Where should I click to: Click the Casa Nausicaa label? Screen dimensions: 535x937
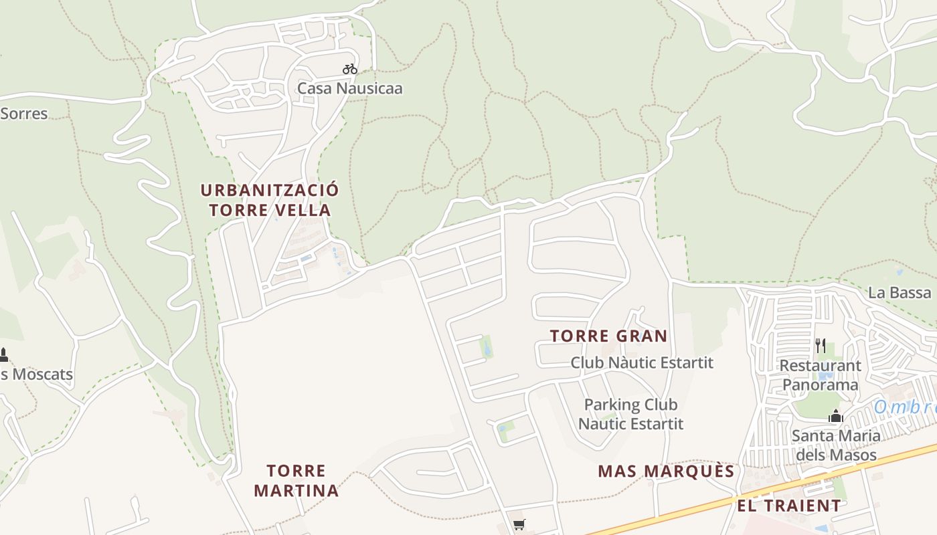pyautogui.click(x=349, y=88)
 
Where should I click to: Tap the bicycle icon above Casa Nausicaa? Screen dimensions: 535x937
pyautogui.click(x=349, y=69)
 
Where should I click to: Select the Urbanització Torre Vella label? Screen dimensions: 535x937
pyautogui.click(x=270, y=200)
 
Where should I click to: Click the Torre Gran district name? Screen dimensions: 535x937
pyautogui.click(x=608, y=336)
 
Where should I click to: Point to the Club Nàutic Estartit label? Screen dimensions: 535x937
pyautogui.click(x=642, y=362)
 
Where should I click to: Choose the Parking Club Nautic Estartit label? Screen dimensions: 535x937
pyautogui.click(x=630, y=414)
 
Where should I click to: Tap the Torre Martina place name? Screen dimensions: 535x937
pyautogui.click(x=296, y=481)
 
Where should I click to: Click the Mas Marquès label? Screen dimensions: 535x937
pyautogui.click(x=666, y=471)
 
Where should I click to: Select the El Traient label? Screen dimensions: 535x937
pyautogui.click(x=789, y=506)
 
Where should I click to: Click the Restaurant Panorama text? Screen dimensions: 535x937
pyautogui.click(x=820, y=375)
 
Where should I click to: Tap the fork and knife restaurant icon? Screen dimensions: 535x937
pyautogui.click(x=821, y=346)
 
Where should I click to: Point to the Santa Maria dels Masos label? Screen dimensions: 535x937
pyautogui.click(x=835, y=445)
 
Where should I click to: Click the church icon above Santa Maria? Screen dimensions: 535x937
pyautogui.click(x=835, y=417)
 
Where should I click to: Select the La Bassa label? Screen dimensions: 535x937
pyautogui.click(x=899, y=292)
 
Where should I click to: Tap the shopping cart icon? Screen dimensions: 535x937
pyautogui.click(x=519, y=525)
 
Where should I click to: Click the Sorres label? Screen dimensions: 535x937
pyautogui.click(x=23, y=114)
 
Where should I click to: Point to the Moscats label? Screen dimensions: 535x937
pyautogui.click(x=37, y=374)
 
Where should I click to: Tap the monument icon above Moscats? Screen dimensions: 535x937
pyautogui.click(x=3, y=354)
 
